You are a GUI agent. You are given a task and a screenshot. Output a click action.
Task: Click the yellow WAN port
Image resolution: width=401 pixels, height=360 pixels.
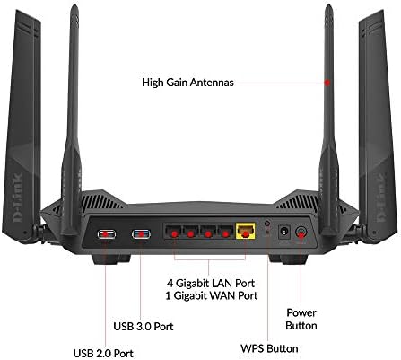click(246, 231)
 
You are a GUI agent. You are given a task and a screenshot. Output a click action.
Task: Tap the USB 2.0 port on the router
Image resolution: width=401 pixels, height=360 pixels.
click(107, 233)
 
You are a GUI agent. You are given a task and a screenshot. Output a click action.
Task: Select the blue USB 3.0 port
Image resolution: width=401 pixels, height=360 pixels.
click(141, 233)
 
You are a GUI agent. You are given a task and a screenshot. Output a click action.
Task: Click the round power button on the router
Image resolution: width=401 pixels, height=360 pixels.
click(301, 232)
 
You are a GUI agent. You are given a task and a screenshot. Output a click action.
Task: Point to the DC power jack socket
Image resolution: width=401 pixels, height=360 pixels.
click(284, 232)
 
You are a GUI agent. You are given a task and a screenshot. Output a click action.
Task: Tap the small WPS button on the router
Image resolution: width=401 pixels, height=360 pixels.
click(267, 224)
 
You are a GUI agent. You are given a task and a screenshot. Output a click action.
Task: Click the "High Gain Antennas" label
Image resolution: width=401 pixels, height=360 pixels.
click(187, 83)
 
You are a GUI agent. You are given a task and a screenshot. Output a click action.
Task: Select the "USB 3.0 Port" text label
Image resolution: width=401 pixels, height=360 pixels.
click(144, 326)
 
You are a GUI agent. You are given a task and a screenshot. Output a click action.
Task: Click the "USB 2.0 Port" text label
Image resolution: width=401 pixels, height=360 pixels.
click(103, 353)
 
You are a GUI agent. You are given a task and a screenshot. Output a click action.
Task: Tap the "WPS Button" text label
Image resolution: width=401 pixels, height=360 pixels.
click(269, 348)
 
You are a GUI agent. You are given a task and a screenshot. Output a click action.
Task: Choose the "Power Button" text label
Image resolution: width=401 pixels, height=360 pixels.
click(301, 320)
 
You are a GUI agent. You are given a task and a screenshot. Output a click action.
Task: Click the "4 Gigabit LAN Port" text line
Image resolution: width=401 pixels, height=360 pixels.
click(211, 283)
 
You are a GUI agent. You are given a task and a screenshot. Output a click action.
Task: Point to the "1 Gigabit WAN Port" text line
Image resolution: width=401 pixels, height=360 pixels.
click(212, 296)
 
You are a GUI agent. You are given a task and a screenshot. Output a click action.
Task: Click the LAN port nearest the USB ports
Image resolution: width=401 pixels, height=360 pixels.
click(173, 232)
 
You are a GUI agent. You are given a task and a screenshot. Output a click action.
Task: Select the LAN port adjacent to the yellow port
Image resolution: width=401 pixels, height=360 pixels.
click(226, 232)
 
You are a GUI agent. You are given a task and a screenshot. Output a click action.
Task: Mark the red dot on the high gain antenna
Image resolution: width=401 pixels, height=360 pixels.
click(327, 83)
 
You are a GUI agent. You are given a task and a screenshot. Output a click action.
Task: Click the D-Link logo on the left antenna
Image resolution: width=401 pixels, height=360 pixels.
click(18, 198)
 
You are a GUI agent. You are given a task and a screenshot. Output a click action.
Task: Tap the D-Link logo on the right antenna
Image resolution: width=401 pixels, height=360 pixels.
click(381, 198)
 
